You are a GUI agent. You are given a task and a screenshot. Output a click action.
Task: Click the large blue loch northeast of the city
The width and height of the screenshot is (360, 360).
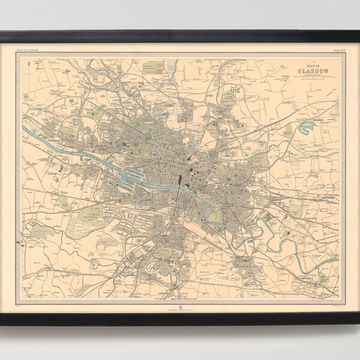click(308, 127)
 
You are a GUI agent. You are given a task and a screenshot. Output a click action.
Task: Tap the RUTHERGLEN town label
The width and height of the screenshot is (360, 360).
click(246, 245)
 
